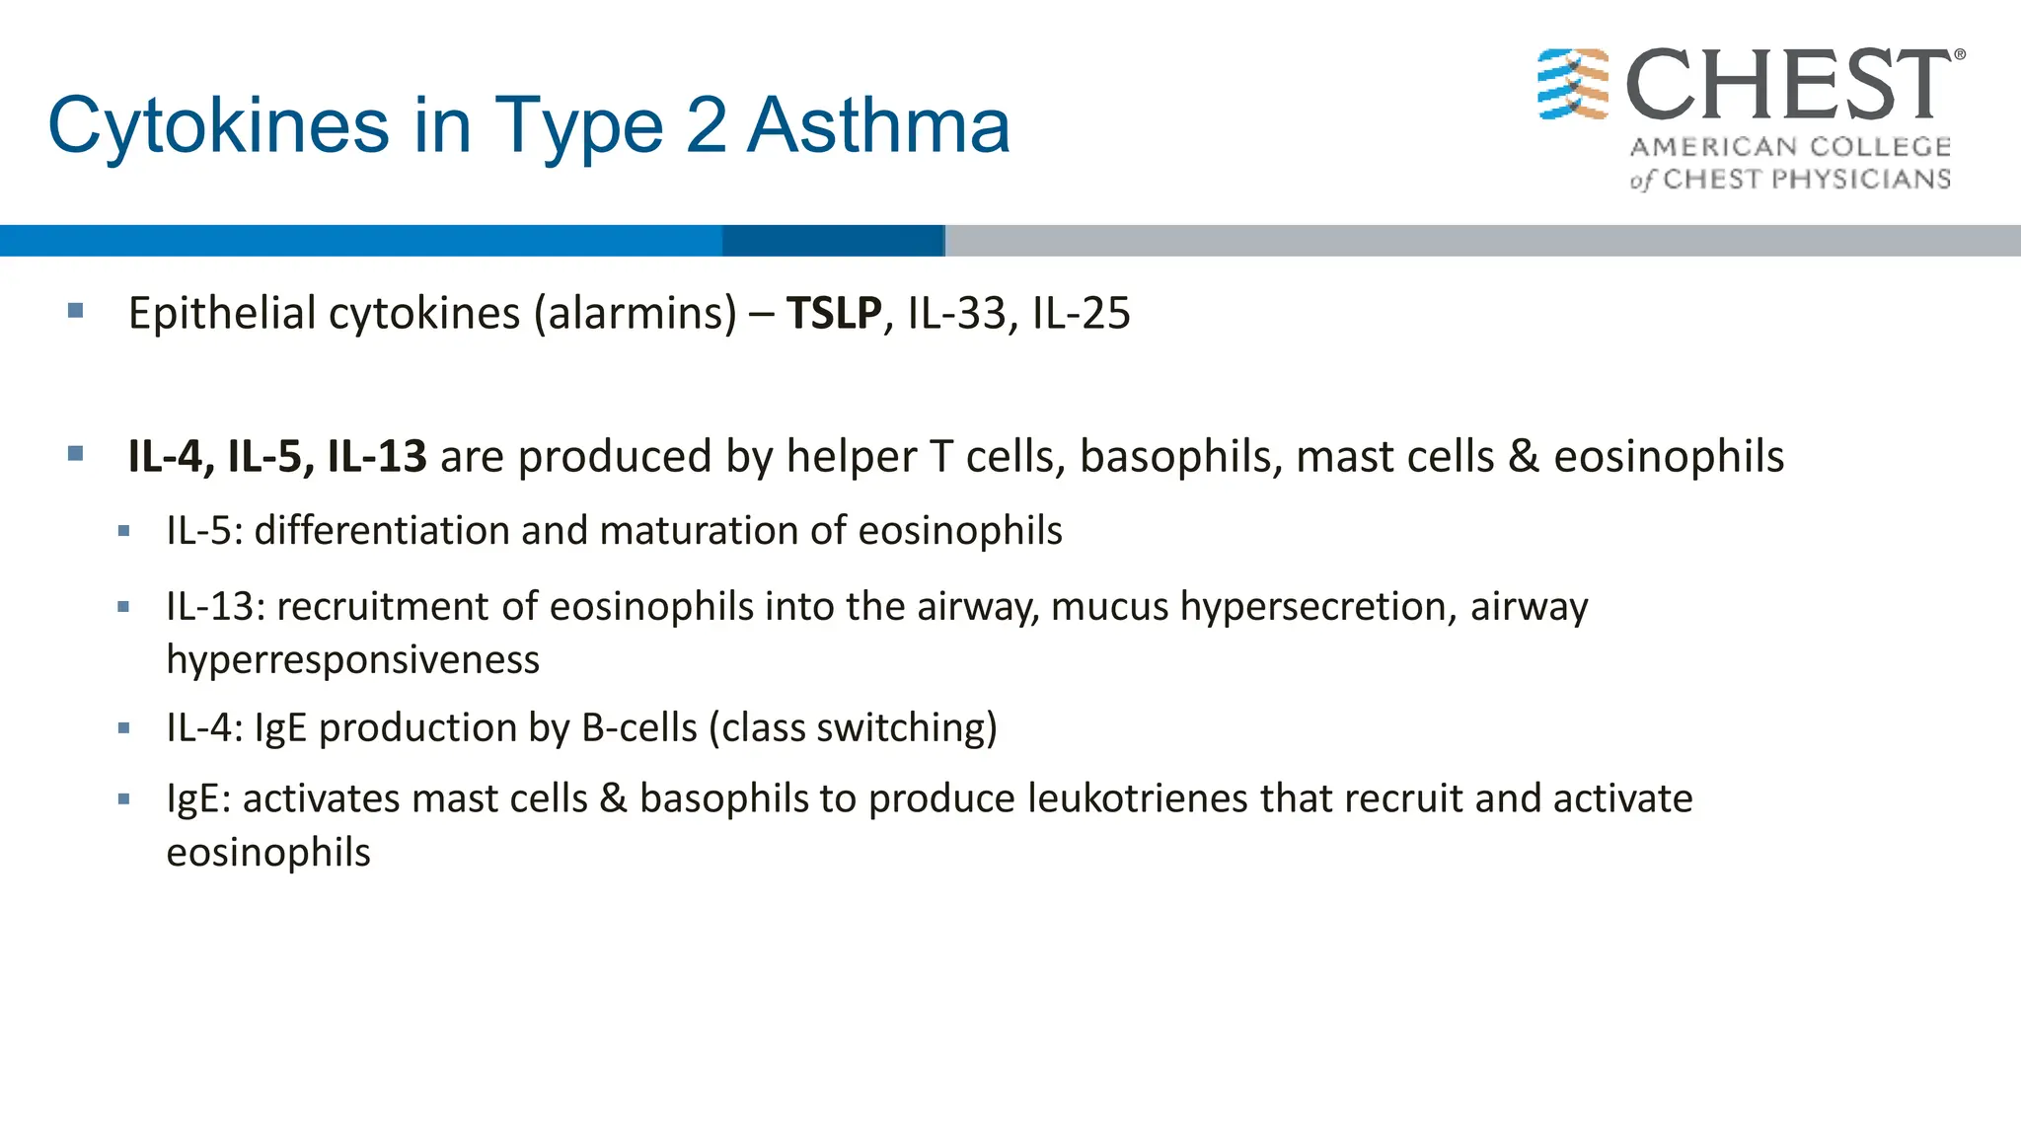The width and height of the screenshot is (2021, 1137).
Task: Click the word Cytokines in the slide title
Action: click(x=218, y=126)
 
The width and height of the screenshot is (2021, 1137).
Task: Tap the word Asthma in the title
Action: click(x=878, y=126)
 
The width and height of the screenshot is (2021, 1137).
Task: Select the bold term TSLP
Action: click(x=834, y=314)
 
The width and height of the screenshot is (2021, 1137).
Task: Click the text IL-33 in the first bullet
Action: click(x=956, y=314)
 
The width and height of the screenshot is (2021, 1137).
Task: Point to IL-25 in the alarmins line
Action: click(x=1081, y=314)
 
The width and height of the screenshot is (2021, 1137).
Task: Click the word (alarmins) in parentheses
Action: click(x=635, y=314)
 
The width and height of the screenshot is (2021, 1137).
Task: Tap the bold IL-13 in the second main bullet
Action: click(x=377, y=457)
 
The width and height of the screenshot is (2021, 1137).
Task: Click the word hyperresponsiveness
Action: click(x=352, y=659)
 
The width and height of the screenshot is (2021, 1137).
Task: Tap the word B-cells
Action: click(x=639, y=728)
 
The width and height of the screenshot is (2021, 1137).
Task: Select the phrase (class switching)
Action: click(x=854, y=728)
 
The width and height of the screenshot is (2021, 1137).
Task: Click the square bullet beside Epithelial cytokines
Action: click(x=76, y=312)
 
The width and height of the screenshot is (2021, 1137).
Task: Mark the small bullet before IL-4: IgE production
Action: click(x=123, y=729)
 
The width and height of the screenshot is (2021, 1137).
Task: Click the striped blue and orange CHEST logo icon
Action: click(x=1573, y=85)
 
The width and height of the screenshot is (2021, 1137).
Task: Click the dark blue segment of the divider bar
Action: click(x=833, y=241)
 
